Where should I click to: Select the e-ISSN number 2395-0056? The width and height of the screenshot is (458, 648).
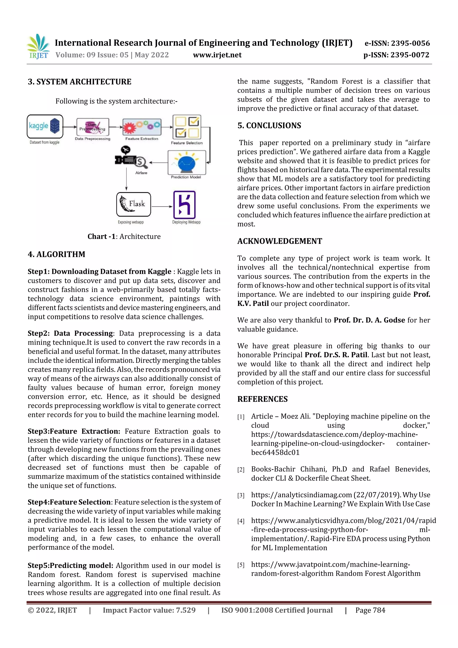pos(397,43)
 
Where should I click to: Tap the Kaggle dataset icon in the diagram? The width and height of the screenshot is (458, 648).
pos(45,126)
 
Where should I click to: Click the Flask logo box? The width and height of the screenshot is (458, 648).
pos(134,204)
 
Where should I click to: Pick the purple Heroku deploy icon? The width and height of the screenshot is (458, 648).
pos(184,205)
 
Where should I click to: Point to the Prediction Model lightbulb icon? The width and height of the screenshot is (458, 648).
pos(187,163)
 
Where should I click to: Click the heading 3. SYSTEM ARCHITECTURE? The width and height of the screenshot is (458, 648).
pos(79,82)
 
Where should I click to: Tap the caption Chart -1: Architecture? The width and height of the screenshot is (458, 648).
pos(124,236)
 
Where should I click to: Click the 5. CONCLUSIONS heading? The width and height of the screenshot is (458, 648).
pos(269,125)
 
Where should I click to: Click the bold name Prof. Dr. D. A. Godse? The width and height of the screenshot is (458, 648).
pos(369,320)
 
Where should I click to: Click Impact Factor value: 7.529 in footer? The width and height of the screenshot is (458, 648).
pos(149,610)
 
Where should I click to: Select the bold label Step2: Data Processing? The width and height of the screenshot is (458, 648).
pos(70,333)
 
